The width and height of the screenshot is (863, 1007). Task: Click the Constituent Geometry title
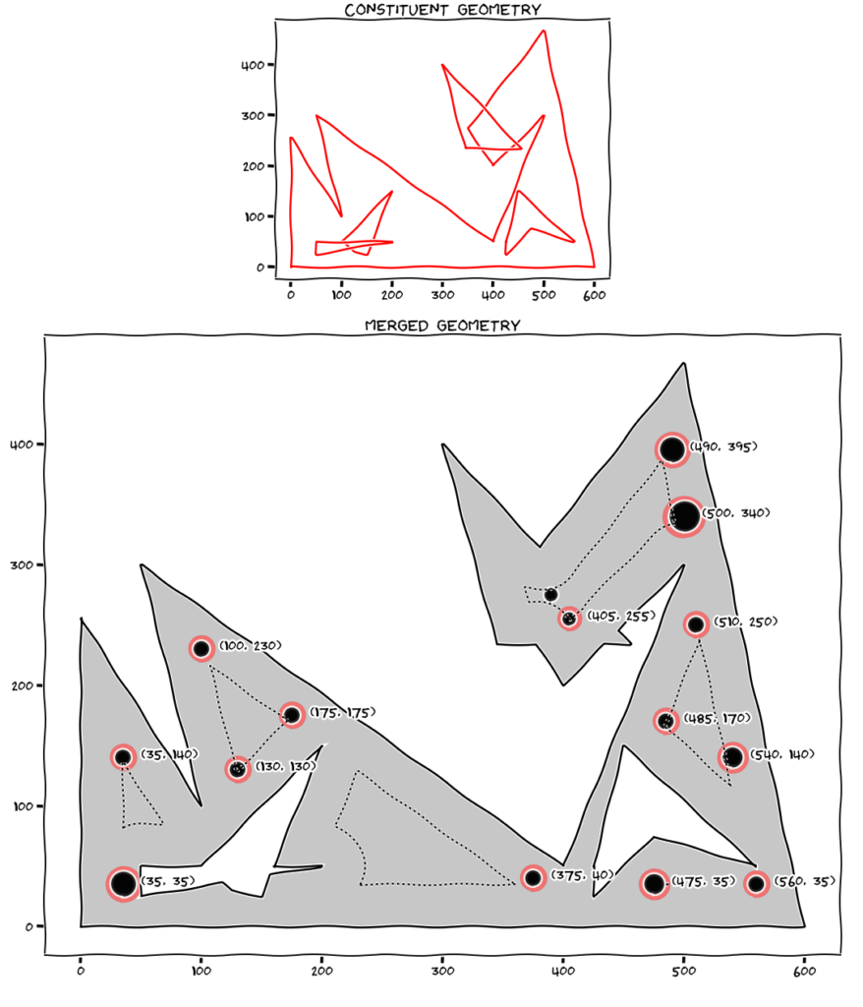(x=442, y=10)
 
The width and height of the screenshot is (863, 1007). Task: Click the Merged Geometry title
(x=442, y=326)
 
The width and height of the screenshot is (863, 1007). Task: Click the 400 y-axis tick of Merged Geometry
(x=22, y=444)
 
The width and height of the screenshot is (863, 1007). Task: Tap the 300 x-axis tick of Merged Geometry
(x=442, y=971)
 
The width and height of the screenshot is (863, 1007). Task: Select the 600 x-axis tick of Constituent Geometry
(x=594, y=295)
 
